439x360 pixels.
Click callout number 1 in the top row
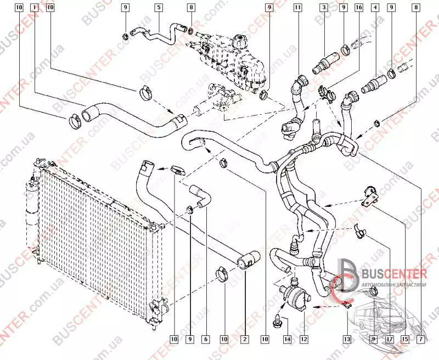tap(35, 8)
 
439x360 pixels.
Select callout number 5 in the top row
tap(159, 8)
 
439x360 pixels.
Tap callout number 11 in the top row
tap(297, 8)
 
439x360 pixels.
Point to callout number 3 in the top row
tap(324, 8)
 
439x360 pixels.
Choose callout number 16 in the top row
tap(359, 8)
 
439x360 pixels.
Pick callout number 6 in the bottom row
tap(206, 340)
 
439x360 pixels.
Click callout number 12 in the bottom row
tap(303, 340)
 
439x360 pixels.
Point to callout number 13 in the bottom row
tap(346, 340)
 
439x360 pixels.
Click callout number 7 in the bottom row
tap(421, 340)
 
